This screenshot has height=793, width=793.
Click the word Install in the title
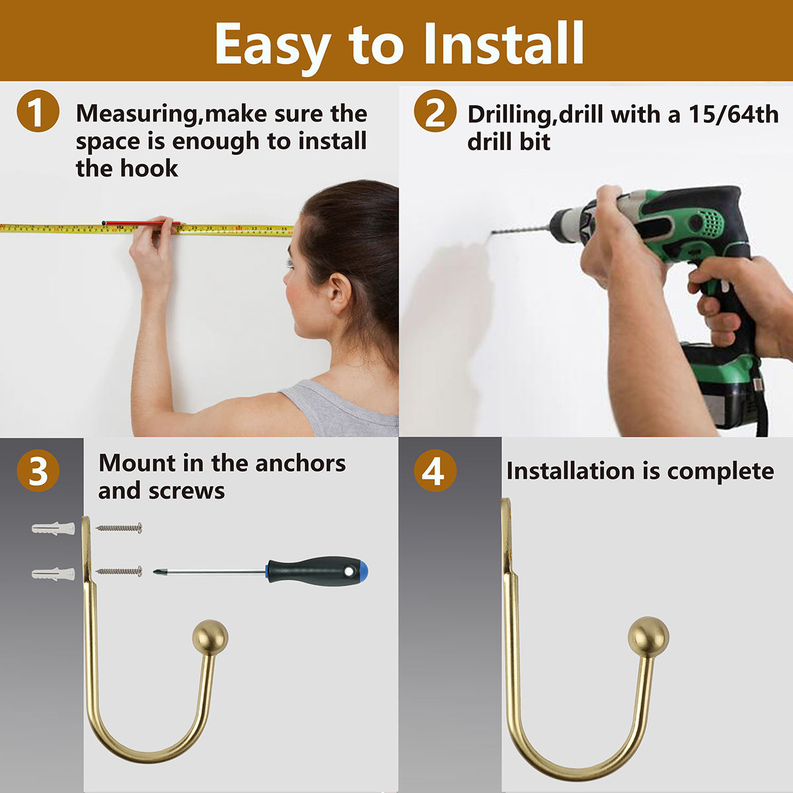504,44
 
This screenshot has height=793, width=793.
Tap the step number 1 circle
38,111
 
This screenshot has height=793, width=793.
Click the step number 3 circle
38,471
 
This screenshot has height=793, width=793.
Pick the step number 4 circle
435,471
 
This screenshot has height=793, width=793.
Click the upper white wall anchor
53,529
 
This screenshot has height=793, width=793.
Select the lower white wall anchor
53,573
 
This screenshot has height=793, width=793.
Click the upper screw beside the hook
119,528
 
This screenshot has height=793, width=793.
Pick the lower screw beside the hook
119,571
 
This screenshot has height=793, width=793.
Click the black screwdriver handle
311,571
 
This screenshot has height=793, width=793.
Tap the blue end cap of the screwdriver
361,571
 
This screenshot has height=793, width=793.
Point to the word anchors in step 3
301,463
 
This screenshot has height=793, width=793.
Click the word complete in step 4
720,471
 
